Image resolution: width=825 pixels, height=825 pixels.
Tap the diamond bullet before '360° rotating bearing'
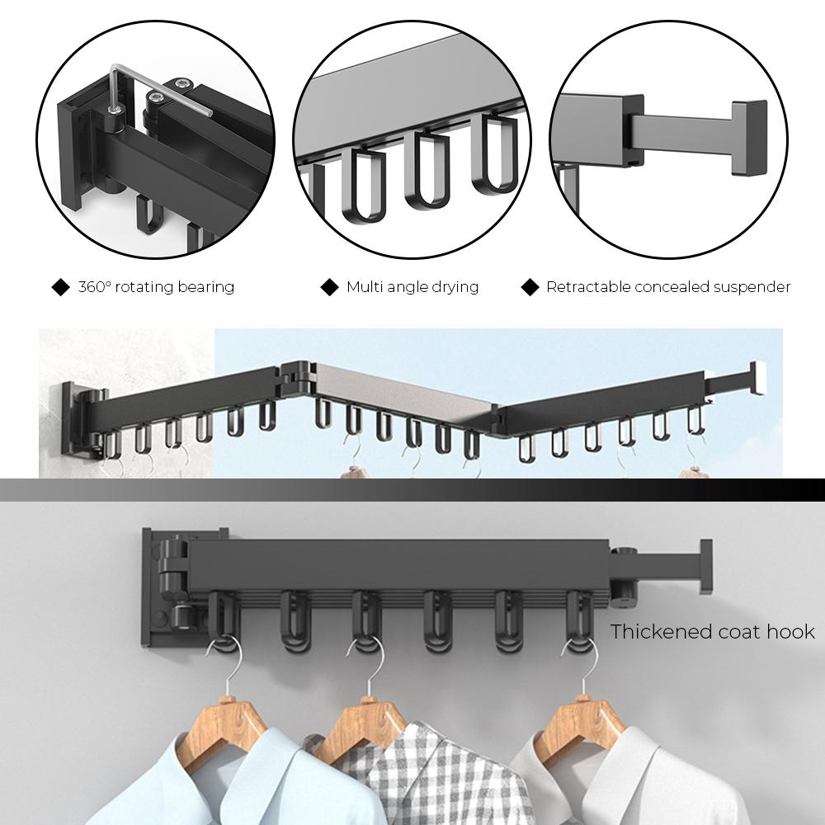pyautogui.click(x=60, y=287)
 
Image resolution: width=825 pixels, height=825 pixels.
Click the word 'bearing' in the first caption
pyautogui.click(x=206, y=287)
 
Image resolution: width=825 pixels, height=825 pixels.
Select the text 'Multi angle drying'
pyautogui.click(x=412, y=287)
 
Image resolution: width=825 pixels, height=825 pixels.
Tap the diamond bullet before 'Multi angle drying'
pyautogui.click(x=329, y=287)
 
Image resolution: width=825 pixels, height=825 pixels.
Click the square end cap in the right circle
pyautogui.click(x=748, y=138)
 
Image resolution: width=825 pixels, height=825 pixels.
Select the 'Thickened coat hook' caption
pyautogui.click(x=712, y=632)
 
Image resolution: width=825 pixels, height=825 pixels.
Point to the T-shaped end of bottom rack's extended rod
pyautogui.click(x=705, y=567)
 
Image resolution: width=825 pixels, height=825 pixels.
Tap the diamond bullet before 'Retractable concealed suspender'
pyautogui.click(x=530, y=287)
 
